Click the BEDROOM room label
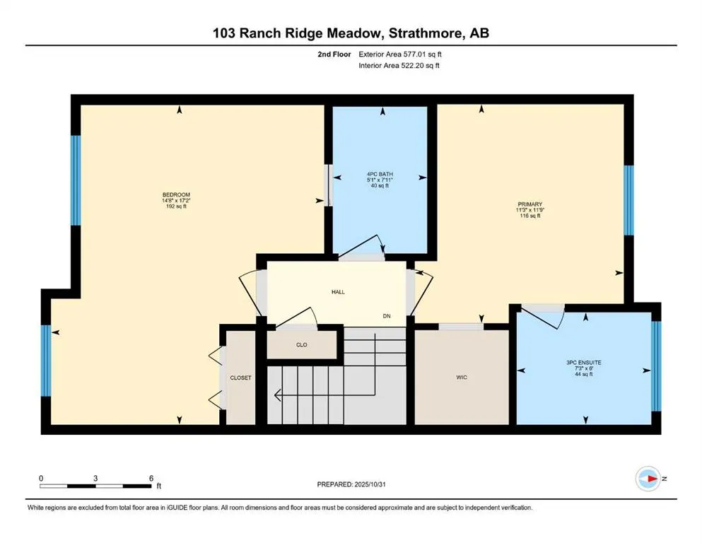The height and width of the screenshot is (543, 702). point(177,194)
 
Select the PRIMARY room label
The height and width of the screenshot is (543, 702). point(529,204)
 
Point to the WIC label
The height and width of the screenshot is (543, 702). point(462,378)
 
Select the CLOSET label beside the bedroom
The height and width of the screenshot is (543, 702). point(240,378)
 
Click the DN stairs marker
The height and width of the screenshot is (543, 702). point(387,315)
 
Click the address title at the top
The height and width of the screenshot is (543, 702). point(351,33)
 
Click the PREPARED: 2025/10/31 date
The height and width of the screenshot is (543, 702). point(351,484)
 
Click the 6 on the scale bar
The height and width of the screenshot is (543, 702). point(151,478)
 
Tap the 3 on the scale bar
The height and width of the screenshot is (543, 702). point(95,478)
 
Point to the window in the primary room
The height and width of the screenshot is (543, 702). point(628,200)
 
